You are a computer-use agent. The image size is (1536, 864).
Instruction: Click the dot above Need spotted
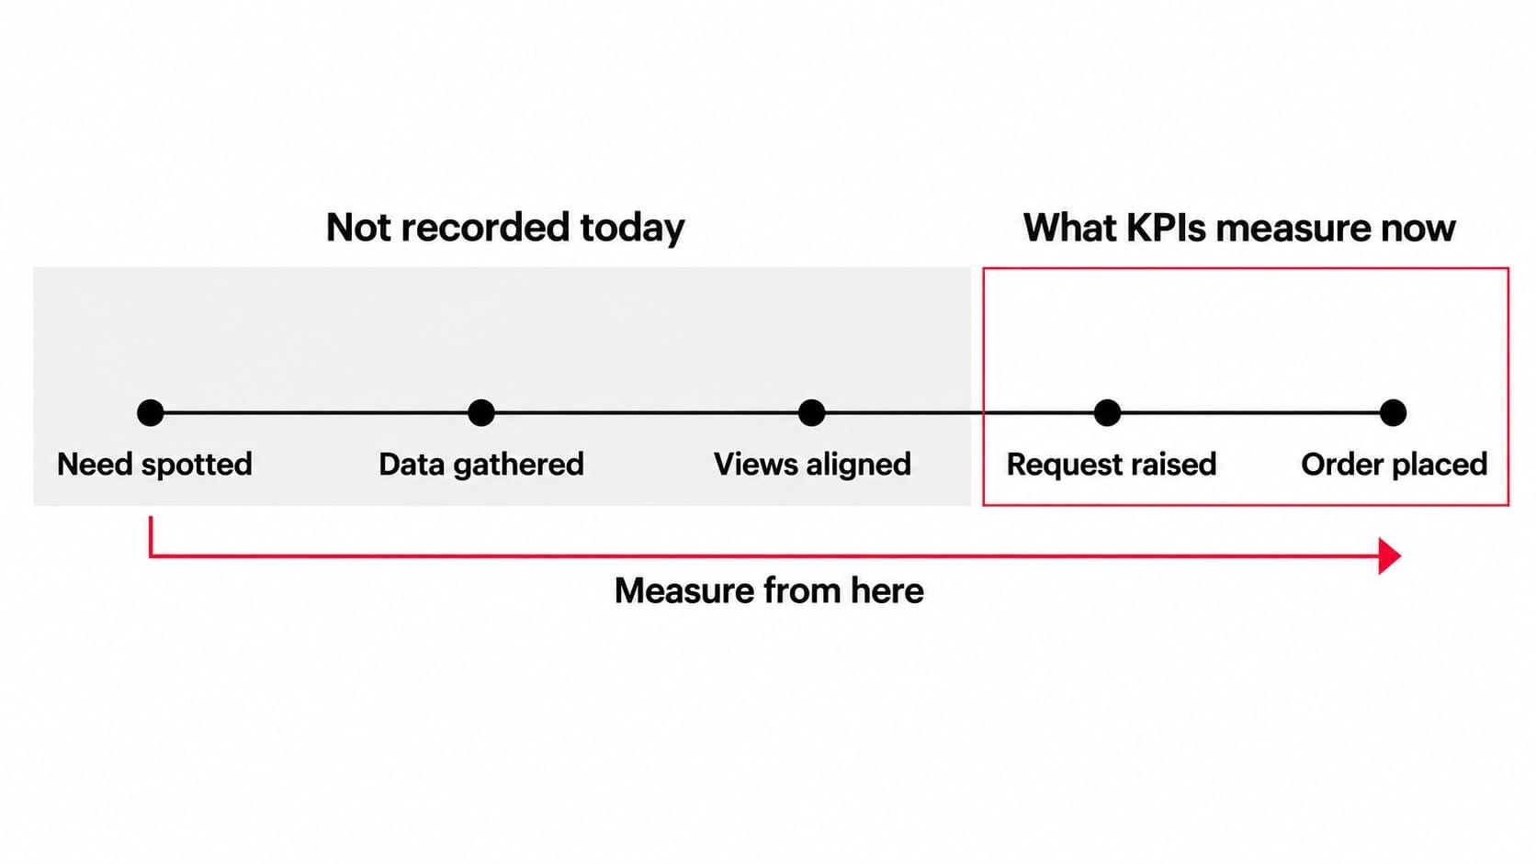tap(150, 412)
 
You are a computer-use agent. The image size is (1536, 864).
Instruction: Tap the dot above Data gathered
tap(481, 412)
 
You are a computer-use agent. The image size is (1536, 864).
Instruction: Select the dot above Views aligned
tap(812, 412)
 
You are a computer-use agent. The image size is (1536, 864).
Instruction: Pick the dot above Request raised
tap(1107, 412)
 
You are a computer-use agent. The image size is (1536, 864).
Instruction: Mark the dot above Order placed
tap(1393, 412)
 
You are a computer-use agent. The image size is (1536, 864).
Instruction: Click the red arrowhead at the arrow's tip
tap(1390, 555)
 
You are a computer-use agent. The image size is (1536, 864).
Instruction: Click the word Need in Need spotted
tap(95, 465)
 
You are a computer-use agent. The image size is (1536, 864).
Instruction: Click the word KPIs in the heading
tap(1166, 228)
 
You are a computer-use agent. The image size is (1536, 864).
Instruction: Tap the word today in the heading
tap(632, 229)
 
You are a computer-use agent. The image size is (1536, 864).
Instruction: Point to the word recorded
tap(485, 228)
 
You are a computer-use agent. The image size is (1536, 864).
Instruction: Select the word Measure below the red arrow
tap(684, 590)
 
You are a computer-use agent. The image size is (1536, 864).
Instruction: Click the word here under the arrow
tap(887, 590)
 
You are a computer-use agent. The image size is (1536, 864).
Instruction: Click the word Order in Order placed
tap(1340, 465)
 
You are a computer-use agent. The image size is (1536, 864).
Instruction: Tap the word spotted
tap(196, 466)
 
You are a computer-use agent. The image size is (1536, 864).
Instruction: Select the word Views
tap(756, 465)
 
